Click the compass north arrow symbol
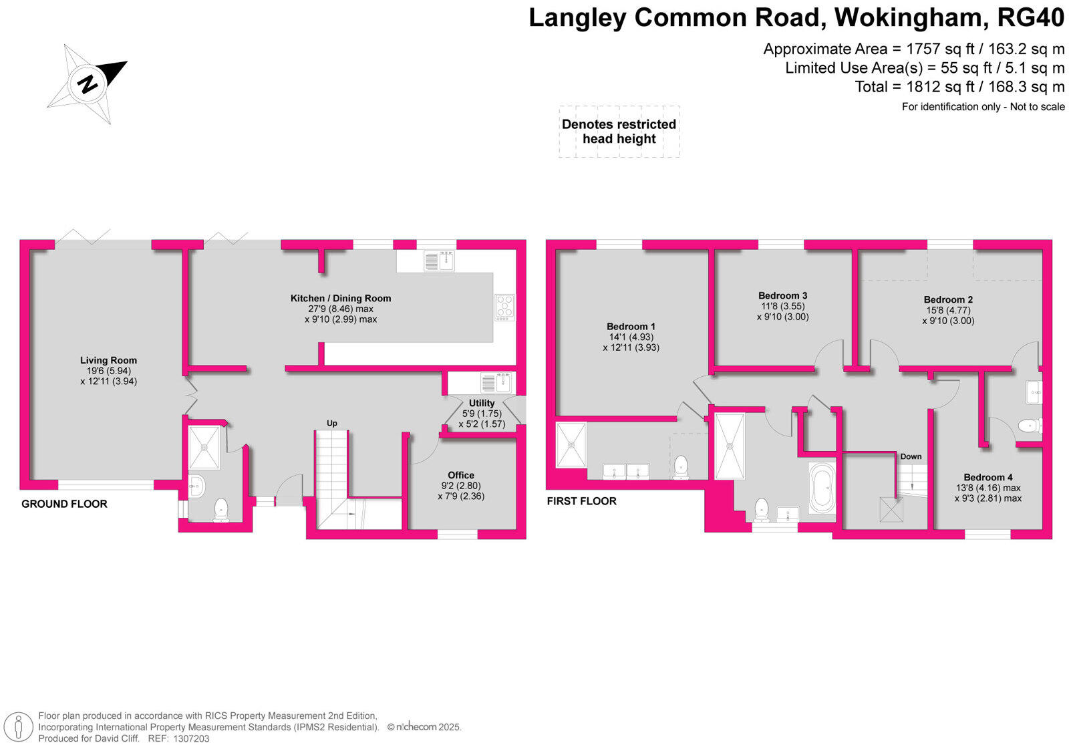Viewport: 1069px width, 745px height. point(88,84)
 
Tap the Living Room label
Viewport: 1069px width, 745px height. point(108,360)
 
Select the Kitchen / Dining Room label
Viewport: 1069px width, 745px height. point(341,298)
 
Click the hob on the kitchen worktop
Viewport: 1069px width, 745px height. point(504,307)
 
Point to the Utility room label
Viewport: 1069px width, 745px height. point(482,403)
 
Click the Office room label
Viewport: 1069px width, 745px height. point(461,475)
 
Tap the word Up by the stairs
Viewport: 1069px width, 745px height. point(331,423)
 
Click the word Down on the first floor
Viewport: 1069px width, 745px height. point(911,457)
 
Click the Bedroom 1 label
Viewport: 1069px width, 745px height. point(631,327)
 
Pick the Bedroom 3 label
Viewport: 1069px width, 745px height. point(782,295)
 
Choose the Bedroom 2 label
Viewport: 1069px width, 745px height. point(948,299)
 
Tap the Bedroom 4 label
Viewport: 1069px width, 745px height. point(988,477)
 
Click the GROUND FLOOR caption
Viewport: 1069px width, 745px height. point(64,504)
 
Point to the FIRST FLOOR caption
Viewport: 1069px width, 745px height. point(581,501)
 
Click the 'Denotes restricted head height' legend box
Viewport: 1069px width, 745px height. point(619,132)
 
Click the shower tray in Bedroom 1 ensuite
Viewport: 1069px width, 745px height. point(571,444)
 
